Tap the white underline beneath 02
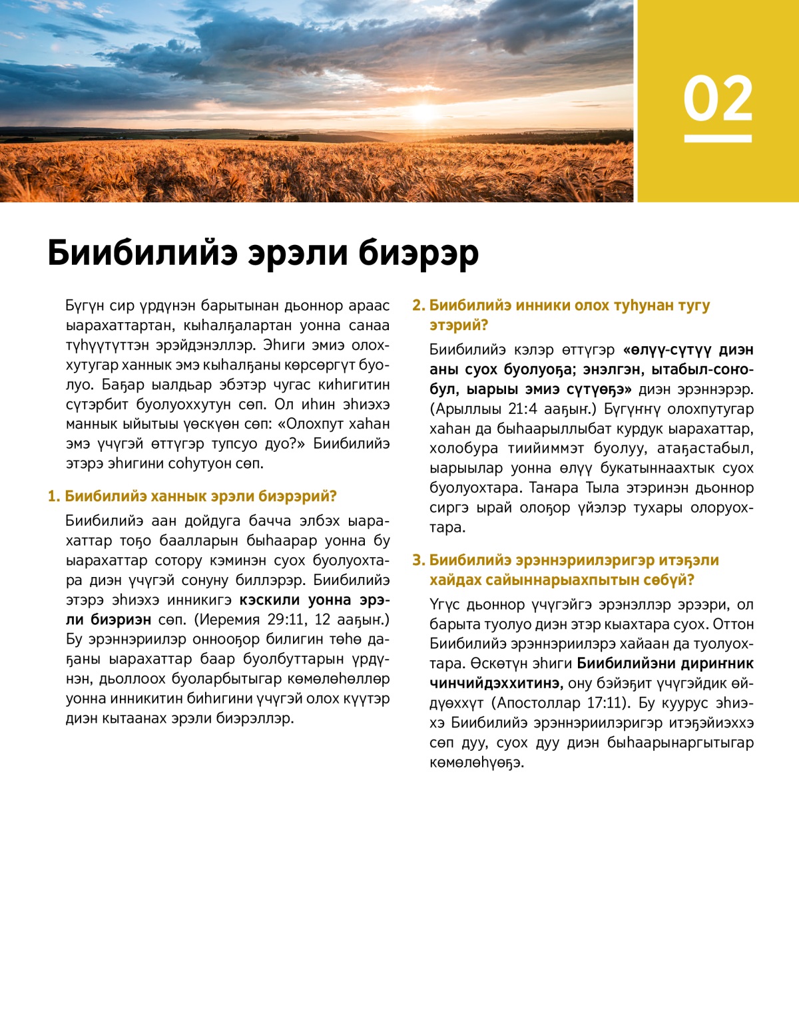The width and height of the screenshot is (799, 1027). point(718,138)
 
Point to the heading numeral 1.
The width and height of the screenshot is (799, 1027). point(53,497)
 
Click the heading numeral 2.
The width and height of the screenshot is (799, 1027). point(418,306)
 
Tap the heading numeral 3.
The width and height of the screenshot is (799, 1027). point(418,560)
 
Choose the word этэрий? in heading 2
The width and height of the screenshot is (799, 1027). point(459,325)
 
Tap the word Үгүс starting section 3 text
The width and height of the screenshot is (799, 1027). point(444,605)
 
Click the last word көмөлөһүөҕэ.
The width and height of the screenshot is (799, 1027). point(477,763)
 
